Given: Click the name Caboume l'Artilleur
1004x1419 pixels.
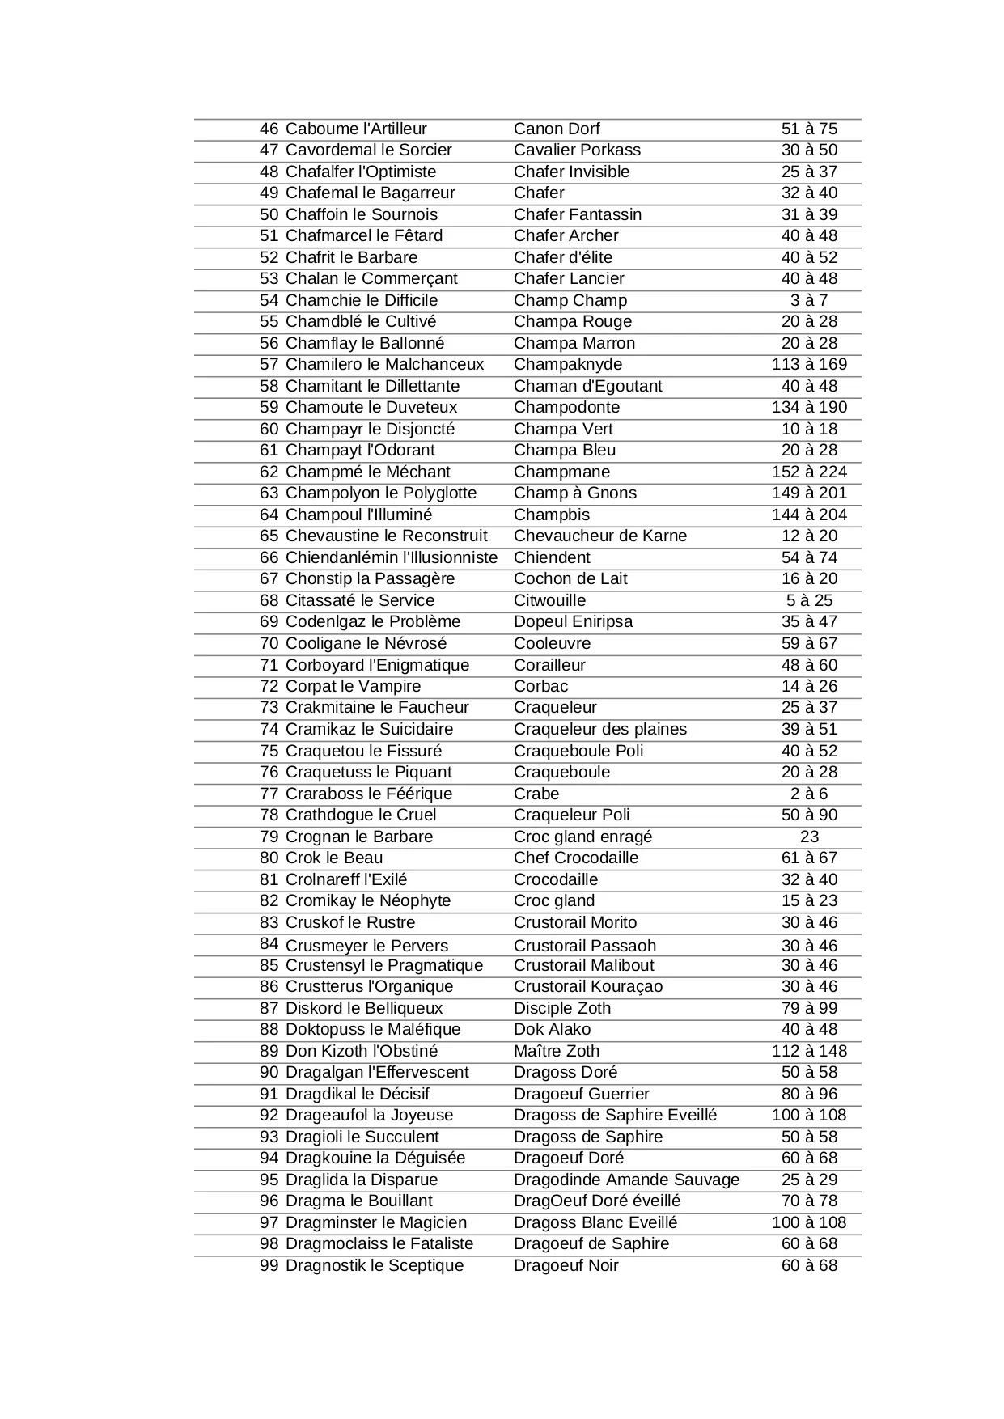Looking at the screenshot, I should pos(356,129).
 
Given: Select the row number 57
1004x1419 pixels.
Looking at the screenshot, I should pos(269,364).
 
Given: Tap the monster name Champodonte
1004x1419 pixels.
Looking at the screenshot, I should pos(566,407).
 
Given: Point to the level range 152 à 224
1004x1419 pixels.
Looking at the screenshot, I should pos(809,472).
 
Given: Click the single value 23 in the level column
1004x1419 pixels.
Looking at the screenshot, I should pos(809,837).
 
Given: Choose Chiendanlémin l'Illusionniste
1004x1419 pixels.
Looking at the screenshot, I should pos(392,557).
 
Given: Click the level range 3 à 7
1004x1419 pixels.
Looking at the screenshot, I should pos(809,300).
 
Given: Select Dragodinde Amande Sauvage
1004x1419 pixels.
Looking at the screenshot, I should pos(626,1180).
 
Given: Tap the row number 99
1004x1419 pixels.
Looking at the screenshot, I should pos(269,1265).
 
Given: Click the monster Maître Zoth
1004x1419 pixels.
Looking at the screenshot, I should pos(557,1051).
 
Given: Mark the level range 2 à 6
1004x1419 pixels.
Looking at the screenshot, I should pos(809,794).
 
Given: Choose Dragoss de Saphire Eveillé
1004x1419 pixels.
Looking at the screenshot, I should pos(615,1115).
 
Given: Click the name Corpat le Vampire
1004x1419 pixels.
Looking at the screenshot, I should pos(353,686).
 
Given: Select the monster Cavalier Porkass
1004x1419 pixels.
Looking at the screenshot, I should pos(577,150).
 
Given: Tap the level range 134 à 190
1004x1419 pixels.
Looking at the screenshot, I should pos(809,407).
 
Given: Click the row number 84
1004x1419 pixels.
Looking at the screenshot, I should pos(269,944).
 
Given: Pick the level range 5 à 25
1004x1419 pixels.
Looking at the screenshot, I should pos(809,600).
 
